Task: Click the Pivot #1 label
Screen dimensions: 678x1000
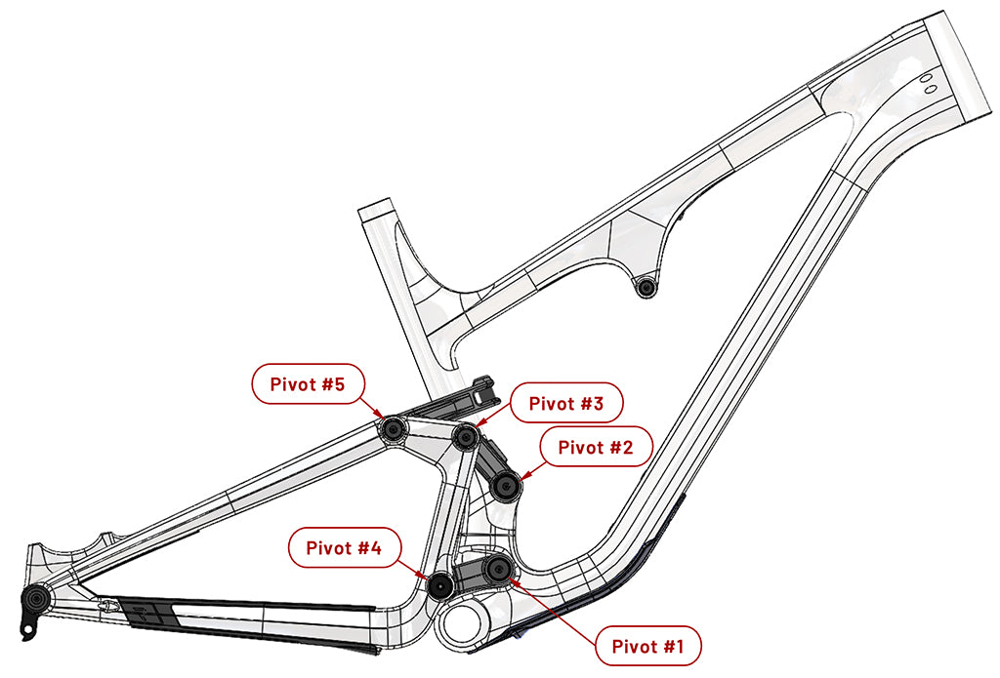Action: tap(648, 645)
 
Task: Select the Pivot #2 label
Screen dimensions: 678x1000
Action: tap(596, 448)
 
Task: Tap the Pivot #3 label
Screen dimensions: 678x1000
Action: tap(566, 402)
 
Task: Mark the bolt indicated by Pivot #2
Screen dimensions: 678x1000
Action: tap(504, 485)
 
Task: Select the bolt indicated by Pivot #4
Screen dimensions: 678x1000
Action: tap(440, 585)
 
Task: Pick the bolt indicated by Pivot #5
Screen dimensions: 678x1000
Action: tap(394, 427)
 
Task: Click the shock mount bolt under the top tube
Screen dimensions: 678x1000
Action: tap(644, 287)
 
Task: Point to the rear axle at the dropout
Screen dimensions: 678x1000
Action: tap(37, 595)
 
